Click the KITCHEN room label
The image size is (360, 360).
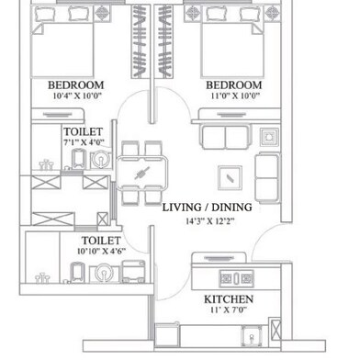(x=229, y=300)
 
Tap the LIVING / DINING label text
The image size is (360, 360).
(x=207, y=208)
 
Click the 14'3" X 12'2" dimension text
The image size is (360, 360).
(x=207, y=220)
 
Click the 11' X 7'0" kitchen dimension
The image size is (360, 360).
(x=229, y=312)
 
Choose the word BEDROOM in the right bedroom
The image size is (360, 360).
(x=238, y=84)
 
